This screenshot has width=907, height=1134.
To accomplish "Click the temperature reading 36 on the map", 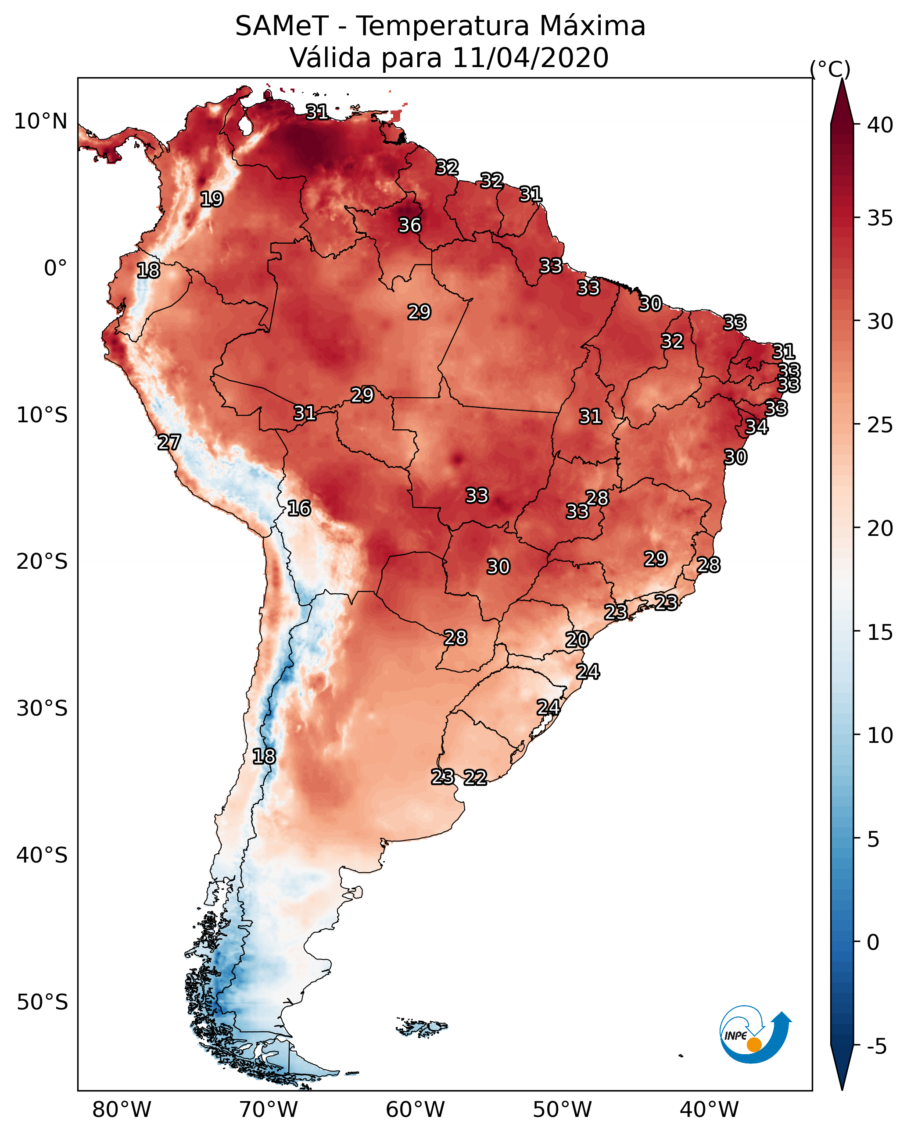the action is (x=409, y=225).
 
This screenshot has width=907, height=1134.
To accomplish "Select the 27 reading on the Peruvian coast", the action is (x=169, y=442).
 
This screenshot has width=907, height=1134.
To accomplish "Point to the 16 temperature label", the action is (x=299, y=508).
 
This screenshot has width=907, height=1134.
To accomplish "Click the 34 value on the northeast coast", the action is (x=756, y=427).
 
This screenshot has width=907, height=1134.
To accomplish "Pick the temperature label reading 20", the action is (x=577, y=640).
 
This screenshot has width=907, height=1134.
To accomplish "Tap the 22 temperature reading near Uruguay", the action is (x=475, y=777).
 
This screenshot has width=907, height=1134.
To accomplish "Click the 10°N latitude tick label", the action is (x=40, y=121).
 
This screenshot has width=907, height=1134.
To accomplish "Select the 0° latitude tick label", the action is (x=55, y=268).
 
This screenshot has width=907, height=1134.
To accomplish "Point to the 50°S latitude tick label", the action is (x=42, y=1002).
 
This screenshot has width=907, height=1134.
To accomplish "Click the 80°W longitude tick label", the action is (x=122, y=1109).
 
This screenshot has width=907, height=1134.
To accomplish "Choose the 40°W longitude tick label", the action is (x=709, y=1109).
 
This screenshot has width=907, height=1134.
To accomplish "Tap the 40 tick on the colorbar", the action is (x=880, y=125).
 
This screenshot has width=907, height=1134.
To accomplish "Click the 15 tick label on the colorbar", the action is (x=880, y=632).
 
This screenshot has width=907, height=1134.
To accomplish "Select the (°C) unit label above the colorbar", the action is (x=830, y=69).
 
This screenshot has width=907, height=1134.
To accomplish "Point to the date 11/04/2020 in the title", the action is (x=530, y=57).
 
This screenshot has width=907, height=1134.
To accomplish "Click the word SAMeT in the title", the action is (x=282, y=26).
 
